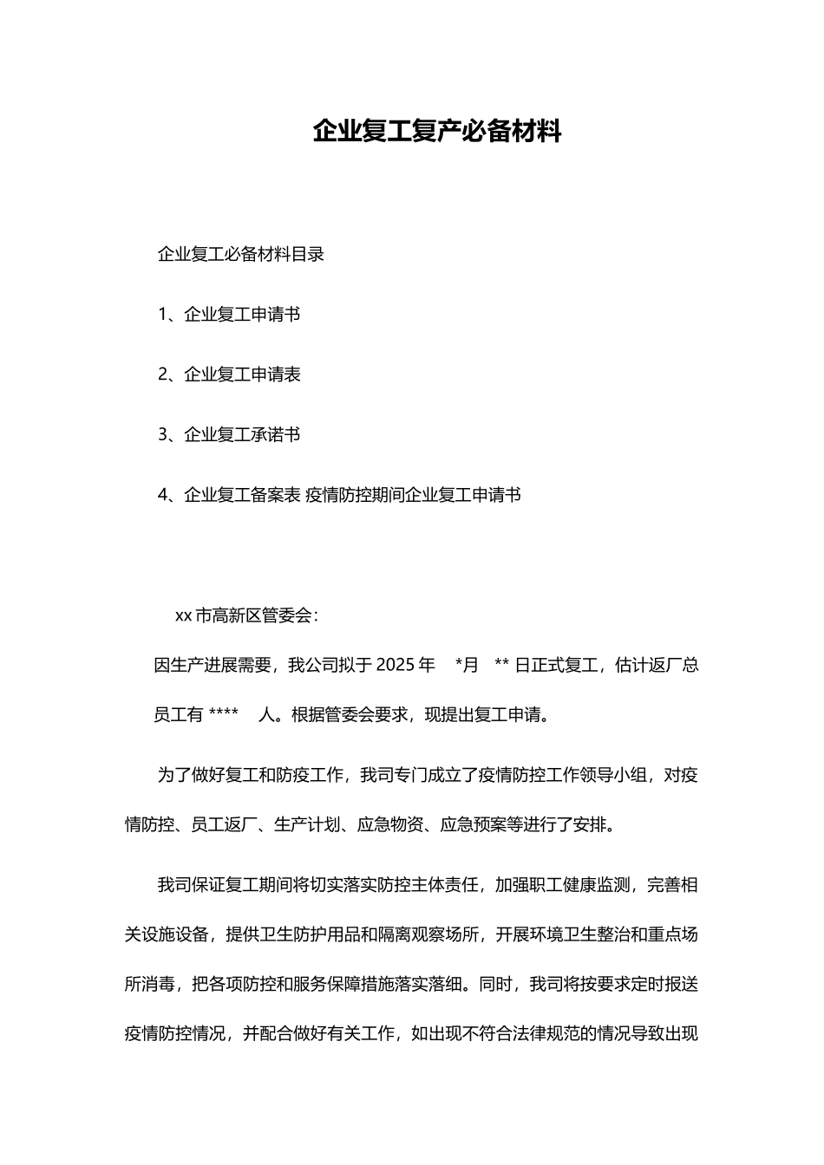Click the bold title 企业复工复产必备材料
click(437, 132)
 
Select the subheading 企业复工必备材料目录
click(241, 255)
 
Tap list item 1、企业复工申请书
click(229, 315)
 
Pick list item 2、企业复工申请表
click(229, 374)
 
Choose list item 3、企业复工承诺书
click(229, 434)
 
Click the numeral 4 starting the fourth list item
click(162, 495)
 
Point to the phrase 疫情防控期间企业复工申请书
click(414, 495)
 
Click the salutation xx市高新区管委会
click(245, 616)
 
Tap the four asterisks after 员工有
click(224, 715)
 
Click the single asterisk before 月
click(458, 666)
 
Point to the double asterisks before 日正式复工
click(500, 666)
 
